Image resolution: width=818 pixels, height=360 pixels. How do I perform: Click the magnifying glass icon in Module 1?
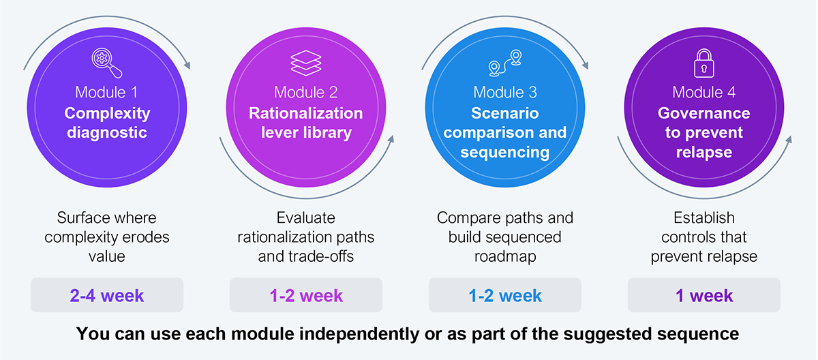click(x=107, y=63)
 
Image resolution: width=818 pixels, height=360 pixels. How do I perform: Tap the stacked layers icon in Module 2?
click(x=305, y=63)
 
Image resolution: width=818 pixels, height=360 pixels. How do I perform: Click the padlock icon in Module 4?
click(x=703, y=63)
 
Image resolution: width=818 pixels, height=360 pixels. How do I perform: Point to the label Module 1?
click(x=107, y=92)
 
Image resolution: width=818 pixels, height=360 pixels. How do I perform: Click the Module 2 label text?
click(x=305, y=92)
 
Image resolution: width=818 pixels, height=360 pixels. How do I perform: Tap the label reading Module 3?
click(x=504, y=92)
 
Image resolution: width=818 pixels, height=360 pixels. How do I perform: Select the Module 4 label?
click(x=703, y=92)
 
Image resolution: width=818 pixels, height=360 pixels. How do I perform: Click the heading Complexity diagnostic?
click(x=107, y=123)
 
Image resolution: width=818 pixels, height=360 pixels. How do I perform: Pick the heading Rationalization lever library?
click(x=305, y=123)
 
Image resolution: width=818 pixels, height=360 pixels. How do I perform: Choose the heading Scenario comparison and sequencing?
click(x=504, y=132)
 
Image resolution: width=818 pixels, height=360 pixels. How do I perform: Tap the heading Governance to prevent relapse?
click(x=703, y=132)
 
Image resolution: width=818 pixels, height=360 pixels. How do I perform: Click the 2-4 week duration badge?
click(x=107, y=295)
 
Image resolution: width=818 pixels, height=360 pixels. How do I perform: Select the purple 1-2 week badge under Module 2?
click(x=305, y=295)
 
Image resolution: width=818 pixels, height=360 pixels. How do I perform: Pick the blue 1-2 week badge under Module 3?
click(x=504, y=295)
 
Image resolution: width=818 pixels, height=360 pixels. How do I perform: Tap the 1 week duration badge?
click(x=703, y=295)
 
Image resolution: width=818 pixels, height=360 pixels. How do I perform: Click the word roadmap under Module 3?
click(x=504, y=256)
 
